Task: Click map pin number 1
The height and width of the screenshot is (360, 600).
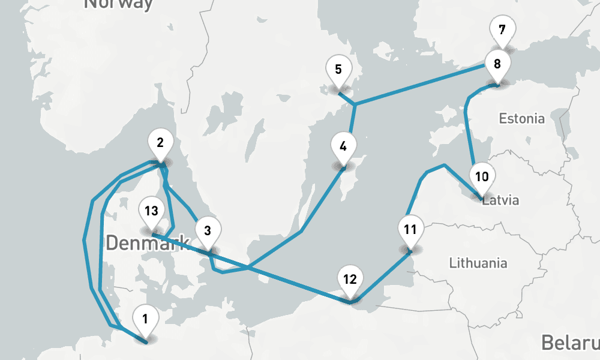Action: tap(145, 316)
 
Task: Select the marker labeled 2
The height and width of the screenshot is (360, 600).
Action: tap(160, 143)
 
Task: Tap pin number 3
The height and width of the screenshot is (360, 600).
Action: tap(208, 231)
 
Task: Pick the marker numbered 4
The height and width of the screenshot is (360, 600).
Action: tap(343, 146)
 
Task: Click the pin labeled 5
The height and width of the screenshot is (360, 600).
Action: tap(338, 70)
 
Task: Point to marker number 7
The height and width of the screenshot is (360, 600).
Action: tap(502, 29)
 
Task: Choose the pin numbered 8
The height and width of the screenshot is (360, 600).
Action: tap(497, 64)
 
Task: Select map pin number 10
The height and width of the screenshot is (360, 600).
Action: tap(482, 177)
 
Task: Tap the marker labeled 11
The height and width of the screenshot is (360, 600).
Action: tap(410, 230)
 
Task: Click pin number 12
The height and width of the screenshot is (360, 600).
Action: tap(350, 280)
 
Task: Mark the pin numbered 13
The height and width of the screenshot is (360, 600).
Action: tap(151, 211)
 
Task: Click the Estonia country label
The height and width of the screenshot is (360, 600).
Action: tap(522, 119)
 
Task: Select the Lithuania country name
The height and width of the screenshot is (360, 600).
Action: tap(478, 263)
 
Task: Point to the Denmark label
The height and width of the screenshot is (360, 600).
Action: tap(148, 244)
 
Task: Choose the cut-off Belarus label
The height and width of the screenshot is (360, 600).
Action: tap(570, 343)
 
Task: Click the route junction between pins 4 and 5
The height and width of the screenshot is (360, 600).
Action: tap(355, 105)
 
